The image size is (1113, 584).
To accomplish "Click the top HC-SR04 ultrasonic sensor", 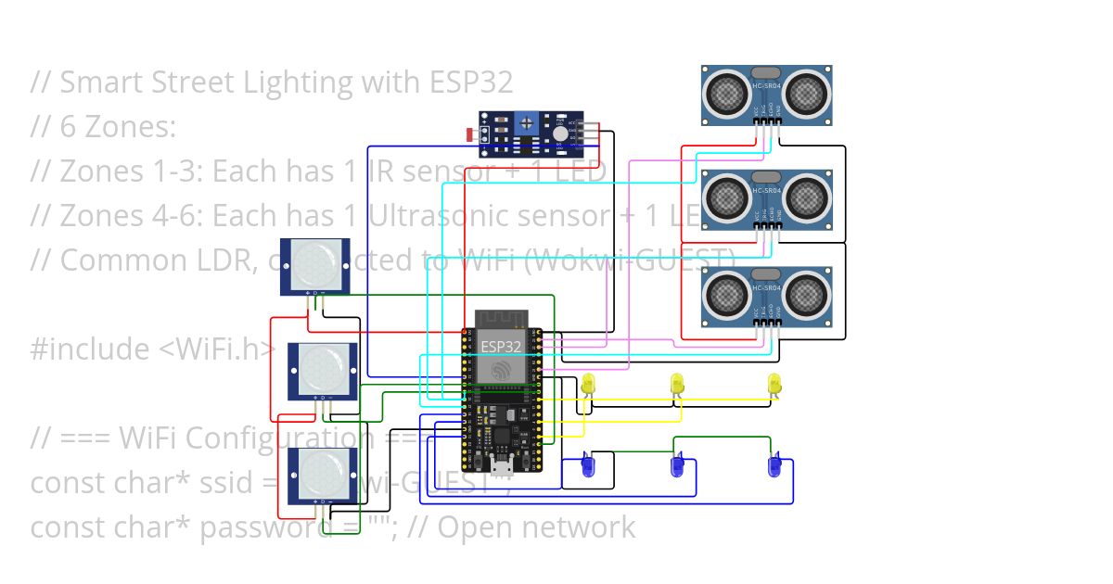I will (767, 95).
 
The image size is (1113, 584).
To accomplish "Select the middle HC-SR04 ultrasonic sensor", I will (767, 198).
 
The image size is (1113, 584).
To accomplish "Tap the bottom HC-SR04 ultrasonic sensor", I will (767, 297).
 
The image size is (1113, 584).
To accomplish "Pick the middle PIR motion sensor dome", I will (322, 368).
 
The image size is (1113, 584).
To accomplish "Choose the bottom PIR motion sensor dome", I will (322, 473).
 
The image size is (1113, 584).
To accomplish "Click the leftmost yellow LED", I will (587, 383).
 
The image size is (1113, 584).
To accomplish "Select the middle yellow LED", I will (677, 383).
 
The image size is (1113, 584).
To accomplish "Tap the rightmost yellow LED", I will (774, 383).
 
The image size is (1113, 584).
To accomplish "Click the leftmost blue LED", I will (587, 464).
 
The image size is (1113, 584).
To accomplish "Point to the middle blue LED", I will (677, 464).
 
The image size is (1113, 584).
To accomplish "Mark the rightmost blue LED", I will (774, 464).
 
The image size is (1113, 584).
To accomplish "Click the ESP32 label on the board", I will (501, 346).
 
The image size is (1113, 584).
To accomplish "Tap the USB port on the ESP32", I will (502, 461).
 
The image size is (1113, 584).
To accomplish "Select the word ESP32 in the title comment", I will (470, 83).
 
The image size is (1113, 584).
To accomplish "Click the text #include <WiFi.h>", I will (153, 349).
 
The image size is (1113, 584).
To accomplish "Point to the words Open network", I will (536, 527).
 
